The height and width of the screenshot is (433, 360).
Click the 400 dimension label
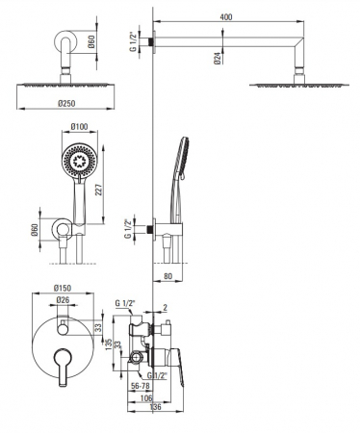pyautogui.click(x=226, y=16)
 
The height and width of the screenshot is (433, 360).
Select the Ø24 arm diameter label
pyautogui.click(x=218, y=58)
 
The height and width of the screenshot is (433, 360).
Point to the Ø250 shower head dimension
pyautogui.click(x=66, y=103)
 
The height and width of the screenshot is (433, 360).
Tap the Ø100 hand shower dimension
pyautogui.click(x=79, y=126)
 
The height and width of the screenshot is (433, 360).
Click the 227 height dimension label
pyautogui.click(x=98, y=190)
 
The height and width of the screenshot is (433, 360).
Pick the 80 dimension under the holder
pyautogui.click(x=167, y=276)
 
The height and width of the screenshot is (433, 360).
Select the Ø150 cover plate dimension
pyautogui.click(x=63, y=288)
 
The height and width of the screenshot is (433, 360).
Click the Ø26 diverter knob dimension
pyautogui.click(x=63, y=300)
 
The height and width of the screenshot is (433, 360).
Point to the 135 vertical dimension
pyautogui.click(x=109, y=344)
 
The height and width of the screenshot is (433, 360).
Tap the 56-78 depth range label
pyautogui.click(x=141, y=386)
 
